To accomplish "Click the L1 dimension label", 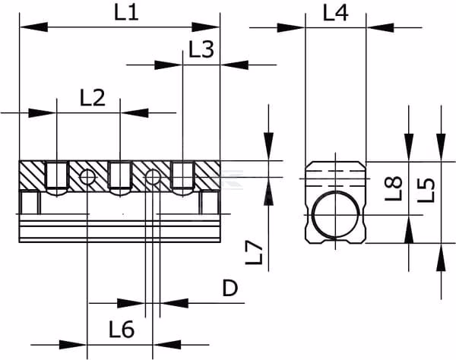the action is click(x=126, y=13).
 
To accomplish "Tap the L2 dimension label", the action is click(x=93, y=98).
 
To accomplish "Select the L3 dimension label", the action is click(x=201, y=49).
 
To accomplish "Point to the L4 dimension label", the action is click(x=336, y=14).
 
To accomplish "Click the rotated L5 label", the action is click(x=426, y=190).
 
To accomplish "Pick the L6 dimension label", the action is click(x=122, y=329).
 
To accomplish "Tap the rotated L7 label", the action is click(x=254, y=253).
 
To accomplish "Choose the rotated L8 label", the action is click(x=394, y=189).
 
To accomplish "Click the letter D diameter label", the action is click(x=230, y=288).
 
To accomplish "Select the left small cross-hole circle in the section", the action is click(x=87, y=177).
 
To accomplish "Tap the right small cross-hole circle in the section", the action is click(x=153, y=177).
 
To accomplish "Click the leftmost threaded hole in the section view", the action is click(x=57, y=178).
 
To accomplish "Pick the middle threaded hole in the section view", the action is click(x=120, y=178).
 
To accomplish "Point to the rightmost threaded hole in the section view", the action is click(x=182, y=178).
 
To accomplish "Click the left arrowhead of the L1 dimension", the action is click(x=33, y=27).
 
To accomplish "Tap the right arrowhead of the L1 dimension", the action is click(x=206, y=27).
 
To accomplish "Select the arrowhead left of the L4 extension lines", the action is click(x=291, y=28).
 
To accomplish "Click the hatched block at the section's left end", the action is click(x=32, y=175).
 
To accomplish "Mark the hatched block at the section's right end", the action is click(x=207, y=175).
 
